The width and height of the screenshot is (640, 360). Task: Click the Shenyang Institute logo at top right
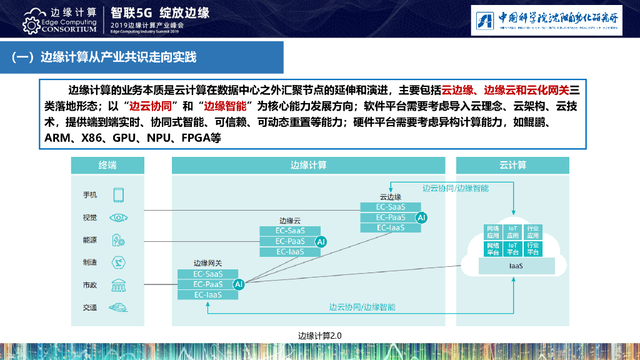pyautogui.click(x=546, y=20)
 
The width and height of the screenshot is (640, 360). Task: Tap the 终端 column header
pyautogui.click(x=107, y=166)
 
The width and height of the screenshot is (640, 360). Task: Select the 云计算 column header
pyautogui.click(x=512, y=166)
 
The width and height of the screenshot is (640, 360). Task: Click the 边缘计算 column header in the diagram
pyautogui.click(x=308, y=166)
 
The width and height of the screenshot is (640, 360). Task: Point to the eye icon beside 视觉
pyautogui.click(x=119, y=217)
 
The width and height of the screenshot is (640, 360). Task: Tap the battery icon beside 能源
pyautogui.click(x=119, y=240)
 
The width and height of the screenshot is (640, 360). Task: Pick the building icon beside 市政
pyautogui.click(x=119, y=285)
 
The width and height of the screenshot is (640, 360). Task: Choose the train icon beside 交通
pyautogui.click(x=119, y=307)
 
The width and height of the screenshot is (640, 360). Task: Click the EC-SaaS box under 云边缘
pyautogui.click(x=391, y=207)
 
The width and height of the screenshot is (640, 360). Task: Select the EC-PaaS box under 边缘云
pyautogui.click(x=290, y=241)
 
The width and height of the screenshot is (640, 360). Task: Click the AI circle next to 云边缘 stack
pyautogui.click(x=421, y=217)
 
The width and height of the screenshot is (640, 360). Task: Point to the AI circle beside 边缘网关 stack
pyautogui.click(x=238, y=284)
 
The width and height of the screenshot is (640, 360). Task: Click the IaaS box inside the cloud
pyautogui.click(x=516, y=266)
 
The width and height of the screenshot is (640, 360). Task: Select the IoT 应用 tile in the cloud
pyautogui.click(x=513, y=232)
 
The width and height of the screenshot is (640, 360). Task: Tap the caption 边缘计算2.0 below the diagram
pyautogui.click(x=320, y=336)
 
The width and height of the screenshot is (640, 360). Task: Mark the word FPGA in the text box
pyautogui.click(x=196, y=137)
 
